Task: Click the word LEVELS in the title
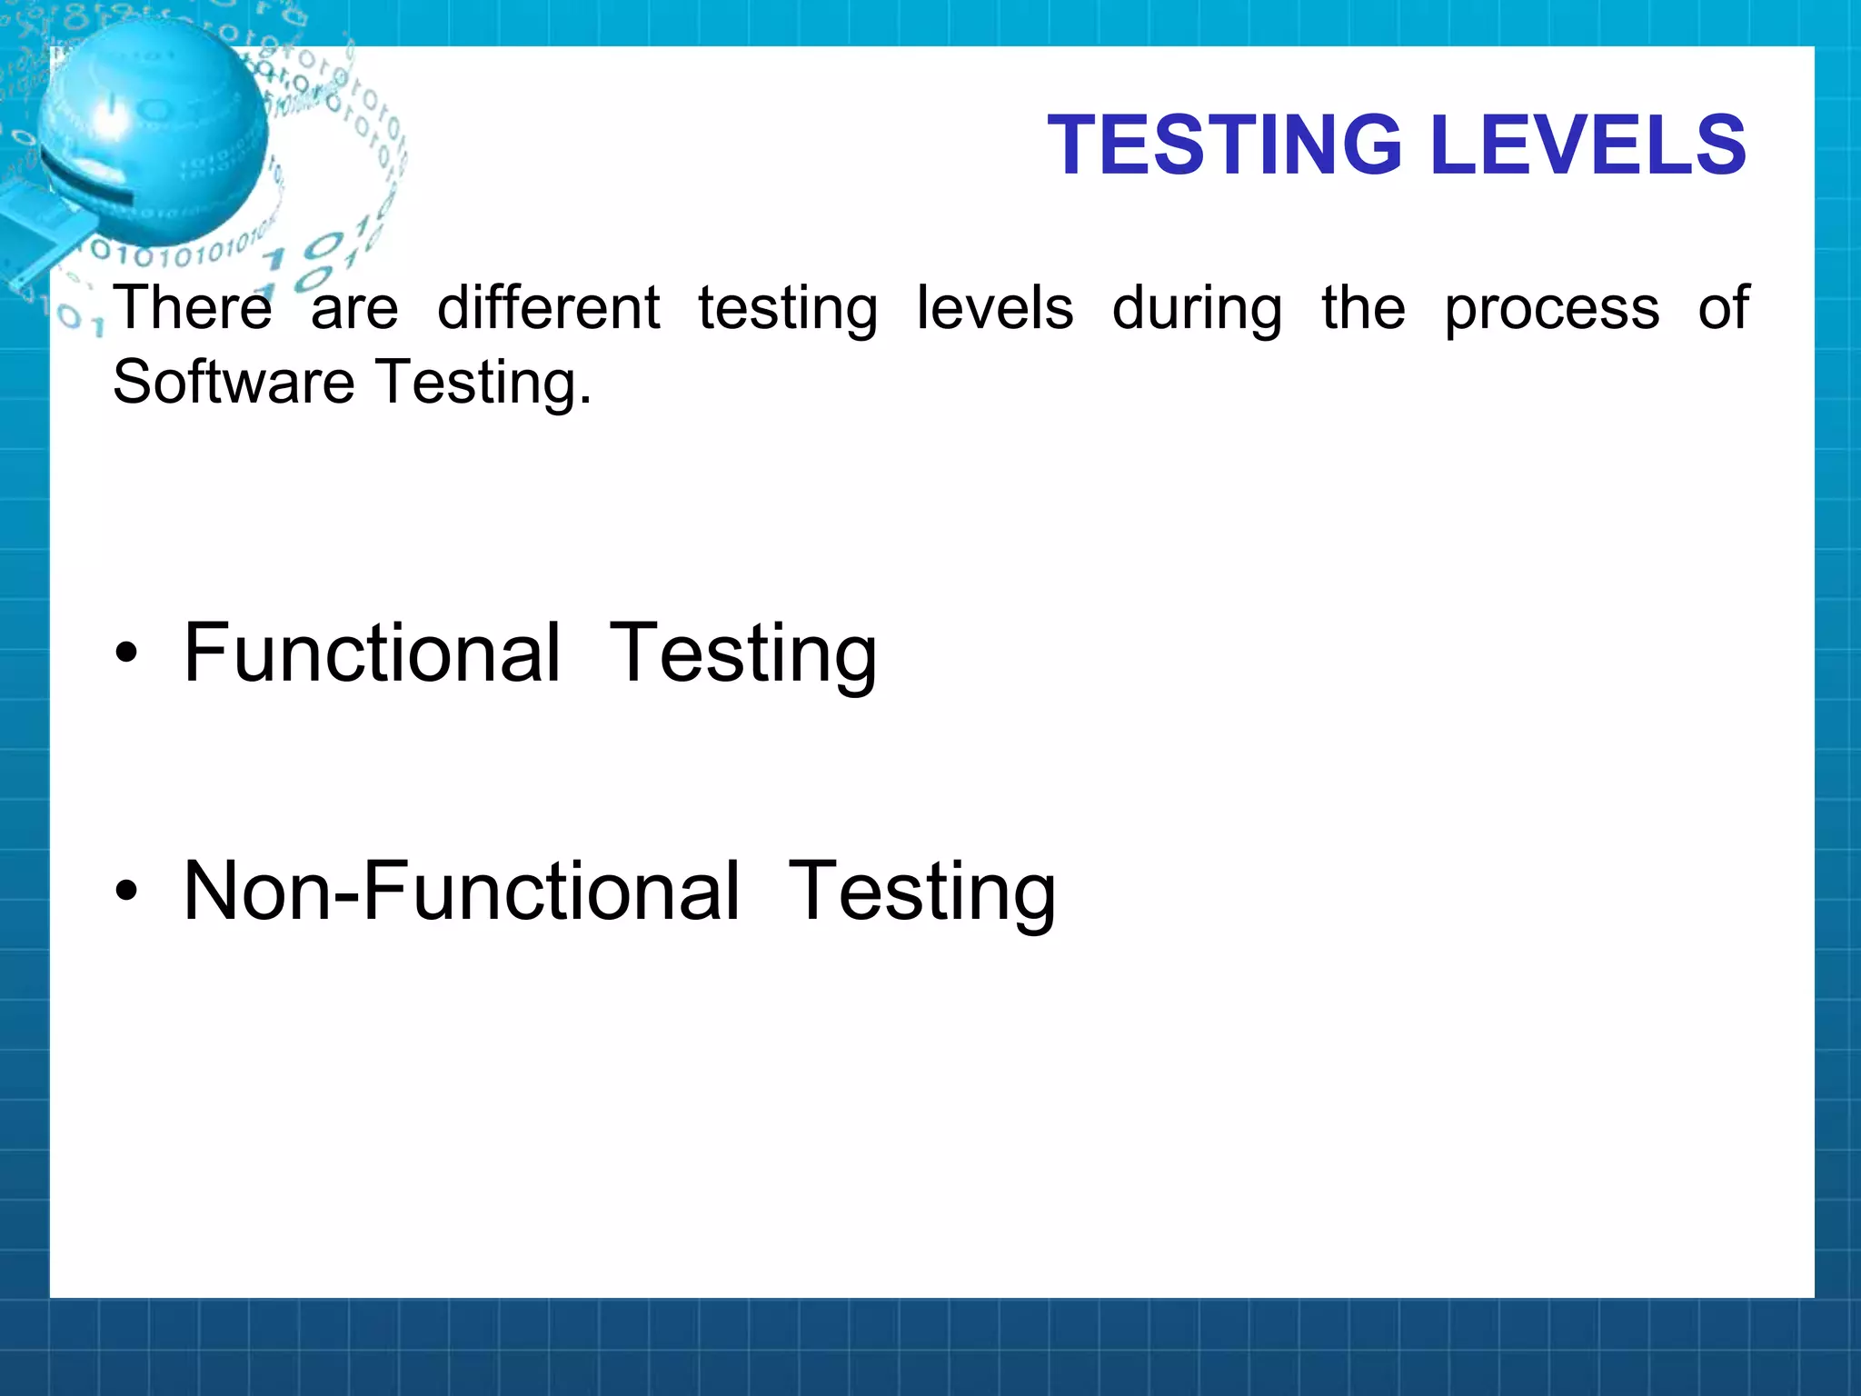pyautogui.click(x=1587, y=145)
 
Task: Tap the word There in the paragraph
pyautogui.click(x=192, y=308)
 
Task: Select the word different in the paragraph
pyautogui.click(x=548, y=308)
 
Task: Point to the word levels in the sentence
pyautogui.click(x=994, y=308)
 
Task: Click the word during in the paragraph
pyautogui.click(x=1197, y=310)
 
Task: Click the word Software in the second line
pyautogui.click(x=234, y=382)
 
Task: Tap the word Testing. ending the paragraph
pyautogui.click(x=484, y=384)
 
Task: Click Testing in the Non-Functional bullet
pyautogui.click(x=921, y=893)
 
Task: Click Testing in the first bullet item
pyautogui.click(x=742, y=654)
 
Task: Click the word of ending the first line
pyautogui.click(x=1723, y=308)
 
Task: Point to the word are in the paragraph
pyautogui.click(x=354, y=310)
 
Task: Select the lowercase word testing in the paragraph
pyautogui.click(x=788, y=310)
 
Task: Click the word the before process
pyautogui.click(x=1363, y=308)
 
